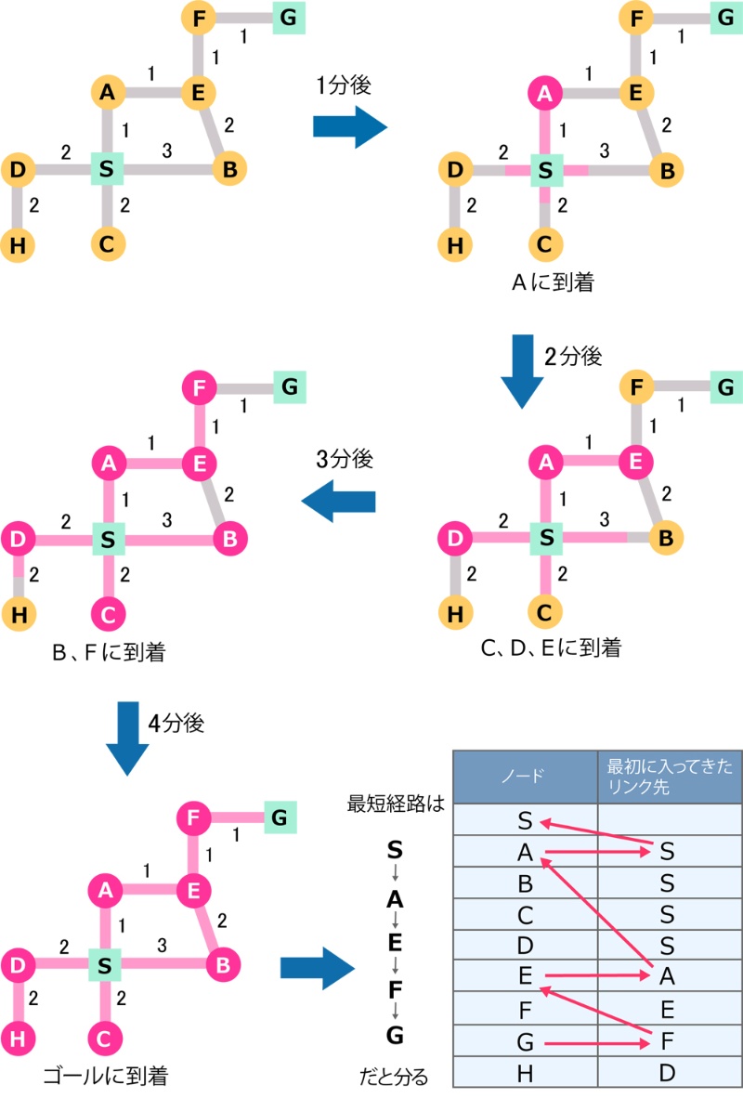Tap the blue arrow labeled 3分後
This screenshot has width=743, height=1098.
click(x=339, y=502)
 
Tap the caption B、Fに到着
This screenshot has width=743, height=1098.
click(x=110, y=653)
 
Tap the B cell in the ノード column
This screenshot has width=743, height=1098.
click(x=526, y=882)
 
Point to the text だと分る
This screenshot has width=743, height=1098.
click(x=394, y=1078)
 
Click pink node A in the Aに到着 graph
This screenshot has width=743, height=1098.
click(x=546, y=92)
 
